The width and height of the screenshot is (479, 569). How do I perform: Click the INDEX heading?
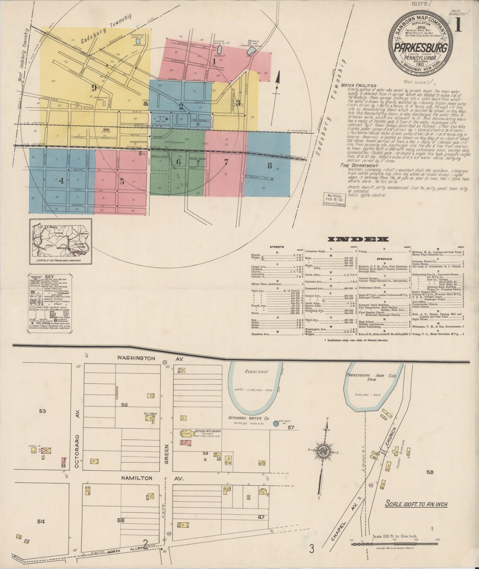tap(358, 239)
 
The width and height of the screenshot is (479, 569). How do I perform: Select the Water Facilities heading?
tap(359, 85)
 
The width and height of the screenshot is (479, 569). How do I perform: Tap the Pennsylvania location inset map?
tap(61, 241)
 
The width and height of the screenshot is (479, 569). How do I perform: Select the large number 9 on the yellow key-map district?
tap(94, 88)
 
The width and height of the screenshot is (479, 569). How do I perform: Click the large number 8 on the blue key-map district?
tap(269, 165)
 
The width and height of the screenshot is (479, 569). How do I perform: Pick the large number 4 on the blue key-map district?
tap(61, 181)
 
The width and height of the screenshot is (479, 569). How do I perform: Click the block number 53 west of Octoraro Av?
tap(42, 411)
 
